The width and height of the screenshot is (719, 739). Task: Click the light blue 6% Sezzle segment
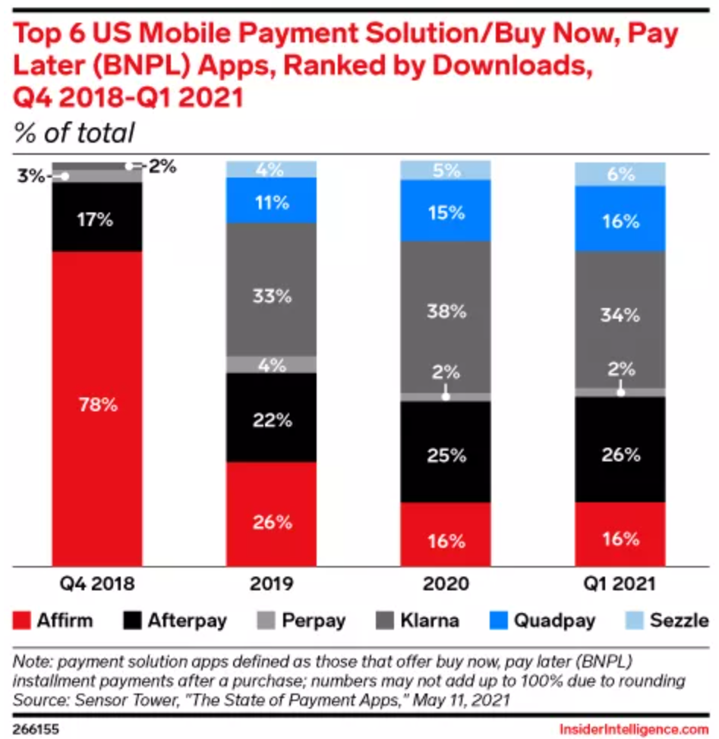620,174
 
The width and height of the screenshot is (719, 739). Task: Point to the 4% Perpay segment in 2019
271,364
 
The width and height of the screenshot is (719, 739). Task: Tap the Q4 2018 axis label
96,584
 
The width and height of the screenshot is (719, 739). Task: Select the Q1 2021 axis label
620,584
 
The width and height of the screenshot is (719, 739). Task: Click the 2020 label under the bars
446,584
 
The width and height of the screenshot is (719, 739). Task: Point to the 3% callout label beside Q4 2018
31,177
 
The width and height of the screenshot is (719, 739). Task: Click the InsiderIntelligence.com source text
632,729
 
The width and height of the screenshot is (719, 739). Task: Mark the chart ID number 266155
34,729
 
